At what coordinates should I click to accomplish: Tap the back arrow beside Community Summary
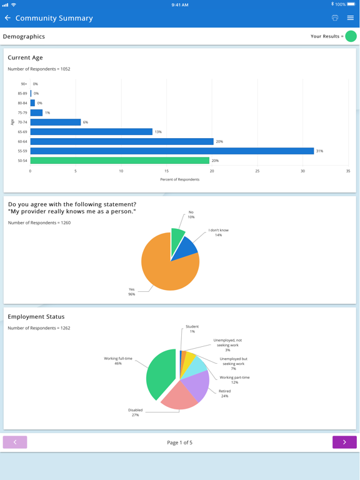(x=7, y=18)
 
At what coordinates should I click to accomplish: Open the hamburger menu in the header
(x=351, y=18)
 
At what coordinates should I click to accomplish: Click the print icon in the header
(x=335, y=18)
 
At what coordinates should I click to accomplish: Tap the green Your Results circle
(x=351, y=36)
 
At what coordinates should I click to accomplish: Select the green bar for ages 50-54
(x=119, y=161)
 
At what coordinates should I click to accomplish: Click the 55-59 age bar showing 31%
(x=172, y=151)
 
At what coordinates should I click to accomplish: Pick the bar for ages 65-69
(x=91, y=132)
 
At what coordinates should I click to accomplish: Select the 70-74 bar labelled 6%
(x=56, y=122)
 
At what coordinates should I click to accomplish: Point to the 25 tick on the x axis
(x=257, y=171)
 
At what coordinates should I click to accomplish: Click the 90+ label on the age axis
(x=24, y=84)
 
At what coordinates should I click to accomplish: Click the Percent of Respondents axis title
(x=180, y=179)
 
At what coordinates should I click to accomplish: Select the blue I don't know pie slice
(x=186, y=247)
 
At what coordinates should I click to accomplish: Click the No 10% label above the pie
(x=191, y=214)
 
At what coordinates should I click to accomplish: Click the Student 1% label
(x=192, y=329)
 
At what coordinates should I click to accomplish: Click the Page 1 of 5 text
(x=180, y=442)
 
